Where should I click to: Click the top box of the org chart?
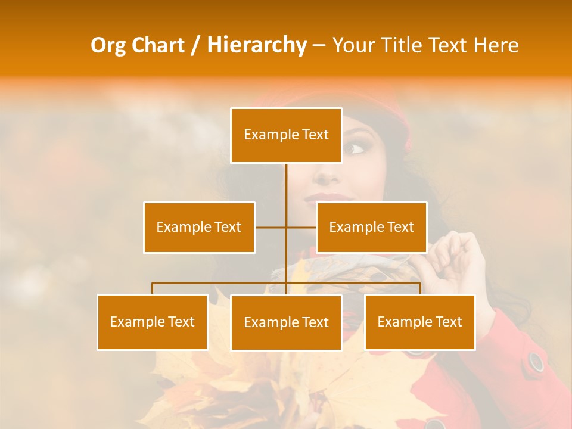click(286, 135)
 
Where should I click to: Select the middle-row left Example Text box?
click(199, 227)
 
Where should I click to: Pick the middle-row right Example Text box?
click(371, 227)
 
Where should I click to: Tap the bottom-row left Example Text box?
click(153, 322)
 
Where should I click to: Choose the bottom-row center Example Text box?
click(286, 322)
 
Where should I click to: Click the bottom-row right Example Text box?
click(419, 322)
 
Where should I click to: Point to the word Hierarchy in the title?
click(257, 45)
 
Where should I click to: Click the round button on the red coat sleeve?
click(536, 361)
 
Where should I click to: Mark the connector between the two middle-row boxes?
click(286, 227)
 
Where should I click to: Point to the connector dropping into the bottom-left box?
click(153, 288)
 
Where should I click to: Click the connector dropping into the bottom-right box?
click(420, 288)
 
